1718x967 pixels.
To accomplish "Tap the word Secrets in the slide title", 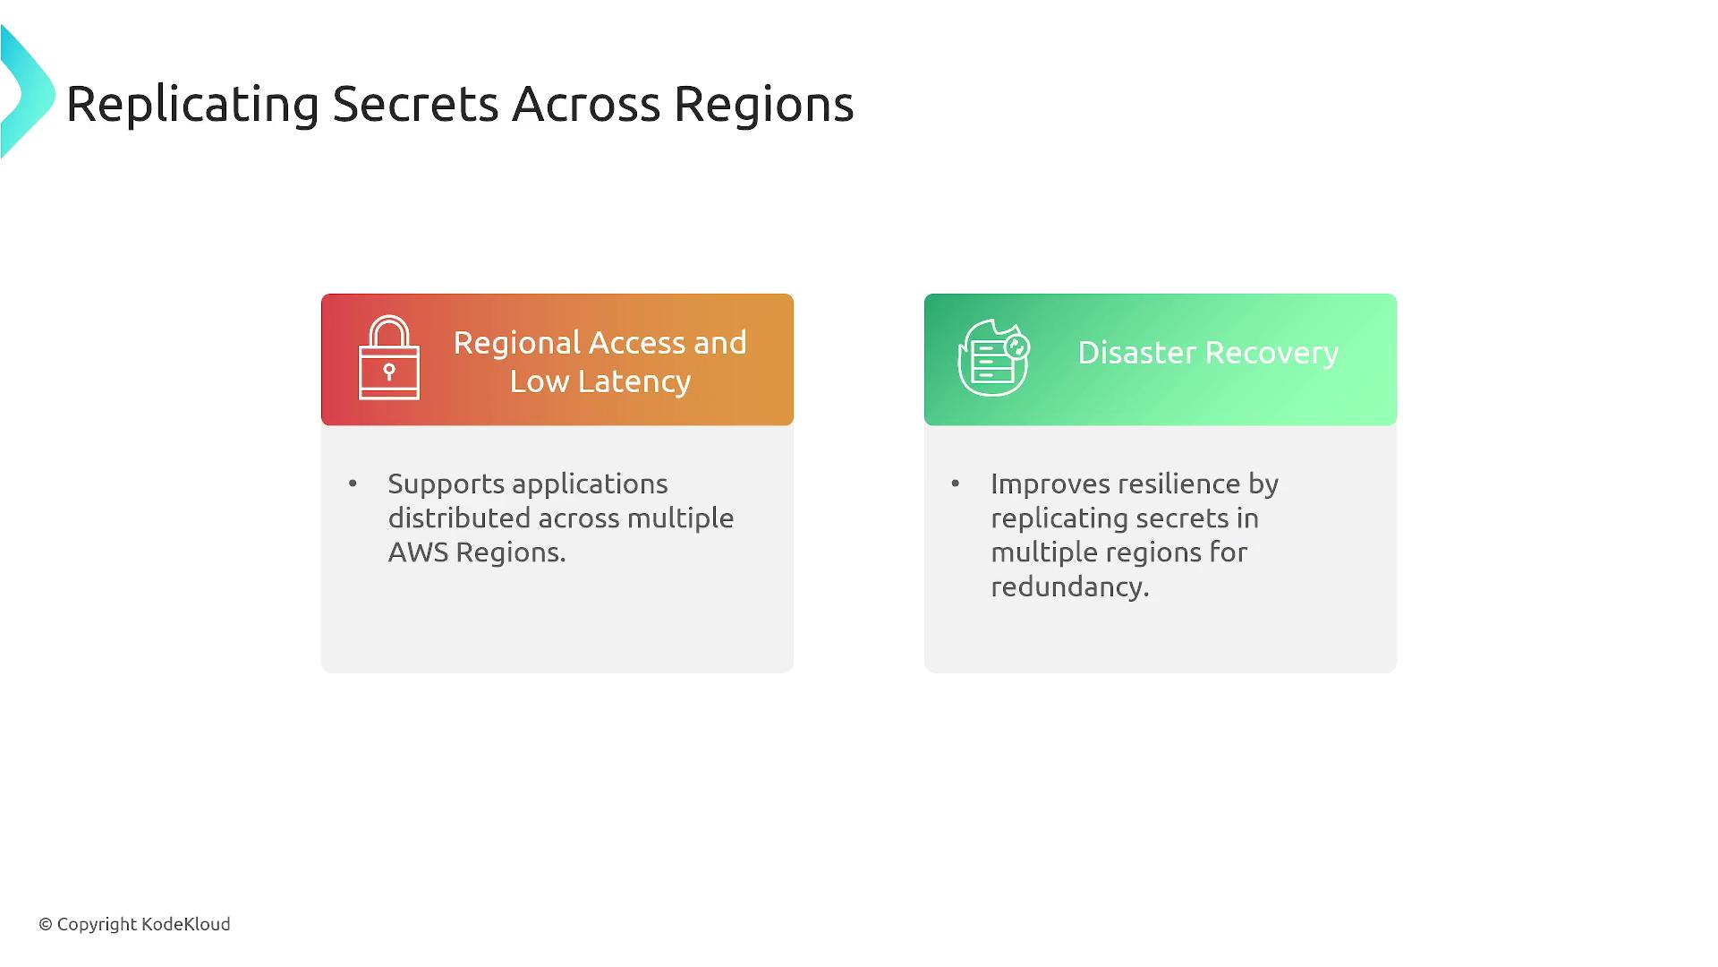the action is tap(415, 104).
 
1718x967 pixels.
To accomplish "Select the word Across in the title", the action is tap(586, 104).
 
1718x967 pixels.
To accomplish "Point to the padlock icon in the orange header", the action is tap(389, 357).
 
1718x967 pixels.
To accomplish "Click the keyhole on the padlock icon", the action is tap(389, 371).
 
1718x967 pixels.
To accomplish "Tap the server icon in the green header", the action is tap(994, 357).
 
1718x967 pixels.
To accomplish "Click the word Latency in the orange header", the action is tap(634, 382).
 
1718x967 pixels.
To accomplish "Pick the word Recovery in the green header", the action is tap(1272, 354).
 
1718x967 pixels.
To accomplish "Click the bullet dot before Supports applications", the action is tap(353, 483).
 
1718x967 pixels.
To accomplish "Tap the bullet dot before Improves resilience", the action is tap(956, 483).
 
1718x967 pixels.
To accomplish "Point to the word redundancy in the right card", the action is tap(1069, 587).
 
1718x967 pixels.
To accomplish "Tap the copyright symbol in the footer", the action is tap(46, 925).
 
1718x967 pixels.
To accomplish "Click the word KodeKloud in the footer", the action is tap(186, 924).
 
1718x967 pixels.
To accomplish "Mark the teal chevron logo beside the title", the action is tap(28, 92).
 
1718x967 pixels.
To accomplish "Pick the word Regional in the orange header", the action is tap(517, 345).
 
